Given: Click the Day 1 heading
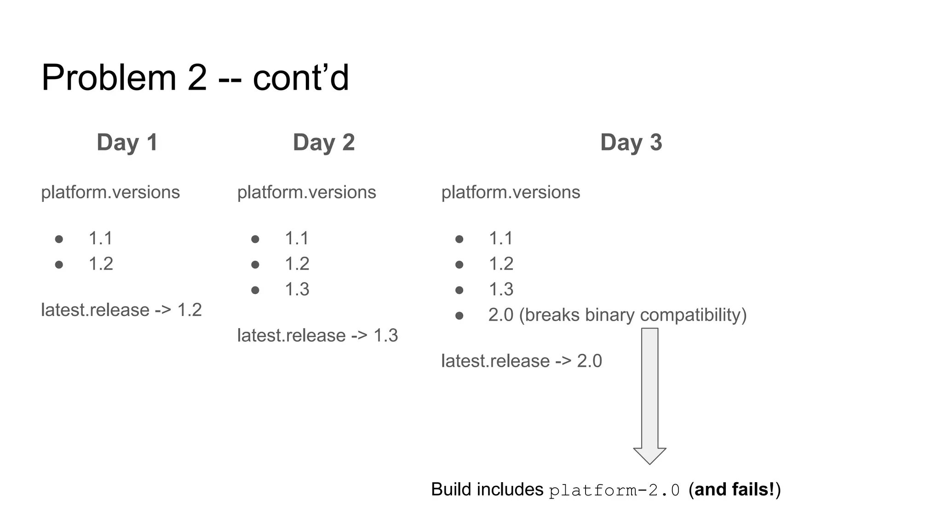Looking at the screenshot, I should (127, 142).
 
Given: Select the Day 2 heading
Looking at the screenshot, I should (324, 142).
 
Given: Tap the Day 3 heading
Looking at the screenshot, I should (631, 142).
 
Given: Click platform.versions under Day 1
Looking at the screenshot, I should (110, 192).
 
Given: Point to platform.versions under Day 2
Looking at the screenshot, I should (306, 192).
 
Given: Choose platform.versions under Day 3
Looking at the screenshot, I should (511, 192).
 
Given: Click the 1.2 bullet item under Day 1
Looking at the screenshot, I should (101, 264).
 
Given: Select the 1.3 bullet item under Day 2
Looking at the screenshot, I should (297, 289).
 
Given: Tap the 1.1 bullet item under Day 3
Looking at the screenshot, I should (500, 239).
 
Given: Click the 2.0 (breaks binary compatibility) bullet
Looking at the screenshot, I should (617, 315).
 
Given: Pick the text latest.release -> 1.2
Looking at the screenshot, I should (121, 310).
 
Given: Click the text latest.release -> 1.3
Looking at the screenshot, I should (317, 335).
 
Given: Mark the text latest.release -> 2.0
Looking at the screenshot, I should (521, 361).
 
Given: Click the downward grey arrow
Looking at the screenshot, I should (649, 396).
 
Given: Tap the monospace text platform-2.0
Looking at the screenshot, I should (614, 490).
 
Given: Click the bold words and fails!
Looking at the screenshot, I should (735, 490).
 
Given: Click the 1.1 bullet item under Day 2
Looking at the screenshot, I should (297, 239).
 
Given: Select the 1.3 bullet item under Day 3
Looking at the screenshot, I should (500, 289).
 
